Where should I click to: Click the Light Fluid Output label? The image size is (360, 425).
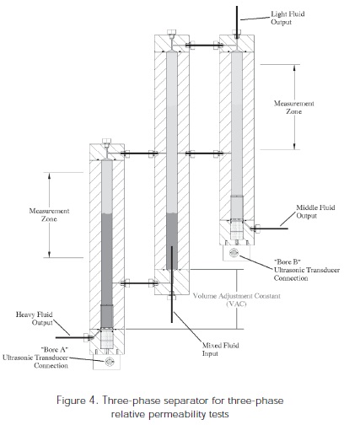tap(287, 18)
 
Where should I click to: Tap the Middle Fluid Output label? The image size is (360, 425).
tap(315, 212)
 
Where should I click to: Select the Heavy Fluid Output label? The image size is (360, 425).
tap(35, 319)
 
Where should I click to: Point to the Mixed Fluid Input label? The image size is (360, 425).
tap(221, 349)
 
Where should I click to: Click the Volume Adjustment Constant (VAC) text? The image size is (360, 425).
tap(237, 299)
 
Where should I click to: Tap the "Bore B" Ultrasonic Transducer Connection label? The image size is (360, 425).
tap(307, 270)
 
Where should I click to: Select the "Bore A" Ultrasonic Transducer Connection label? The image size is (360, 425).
tap(35, 358)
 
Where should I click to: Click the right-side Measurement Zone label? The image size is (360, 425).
tap(294, 107)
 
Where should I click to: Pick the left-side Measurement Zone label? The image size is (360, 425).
tap(49, 215)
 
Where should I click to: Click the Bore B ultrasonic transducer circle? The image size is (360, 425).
tap(234, 253)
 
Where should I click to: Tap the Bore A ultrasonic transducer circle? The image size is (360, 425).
tap(109, 362)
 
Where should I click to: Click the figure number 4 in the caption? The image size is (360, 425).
tap(93, 400)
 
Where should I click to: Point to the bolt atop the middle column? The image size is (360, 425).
tap(171, 33)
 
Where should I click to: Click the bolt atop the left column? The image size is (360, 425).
tap(106, 142)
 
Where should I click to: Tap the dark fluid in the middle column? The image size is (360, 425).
tap(172, 241)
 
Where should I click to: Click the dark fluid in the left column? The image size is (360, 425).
tap(107, 271)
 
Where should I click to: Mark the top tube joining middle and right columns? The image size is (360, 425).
tap(204, 45)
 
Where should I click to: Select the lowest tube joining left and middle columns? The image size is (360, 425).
tap(139, 282)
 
